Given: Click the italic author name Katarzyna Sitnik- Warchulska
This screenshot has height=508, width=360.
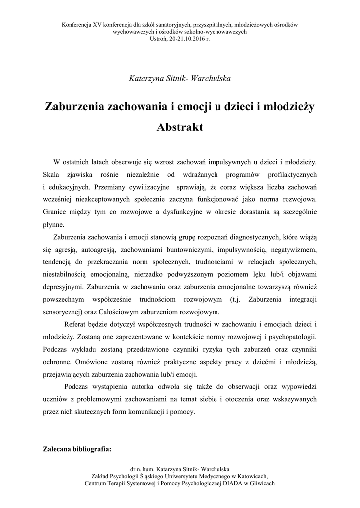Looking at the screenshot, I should tap(179, 78).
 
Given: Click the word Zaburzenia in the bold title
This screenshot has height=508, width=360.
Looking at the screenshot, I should tap(73, 106).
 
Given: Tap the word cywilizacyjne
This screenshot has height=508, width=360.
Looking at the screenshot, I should tap(145, 187).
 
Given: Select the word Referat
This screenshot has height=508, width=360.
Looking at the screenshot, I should tap(76, 324).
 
